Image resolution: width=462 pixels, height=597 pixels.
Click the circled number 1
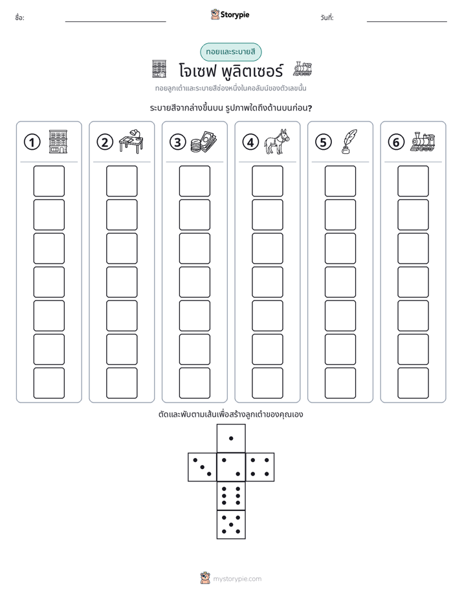pyautogui.click(x=32, y=142)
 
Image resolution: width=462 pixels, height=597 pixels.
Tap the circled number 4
pyautogui.click(x=250, y=142)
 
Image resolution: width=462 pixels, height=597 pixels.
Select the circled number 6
pyautogui.click(x=396, y=142)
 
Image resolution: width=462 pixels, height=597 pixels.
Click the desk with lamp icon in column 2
pyautogui.click(x=131, y=141)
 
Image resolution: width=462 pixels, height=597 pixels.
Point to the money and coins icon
pyautogui.click(x=204, y=141)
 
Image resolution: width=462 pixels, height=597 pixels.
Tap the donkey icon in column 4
pyautogui.click(x=277, y=141)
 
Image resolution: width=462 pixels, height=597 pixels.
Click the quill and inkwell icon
pyautogui.click(x=349, y=141)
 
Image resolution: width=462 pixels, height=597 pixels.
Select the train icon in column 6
pyautogui.click(x=423, y=142)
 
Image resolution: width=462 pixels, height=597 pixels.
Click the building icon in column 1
pyautogui.click(x=58, y=141)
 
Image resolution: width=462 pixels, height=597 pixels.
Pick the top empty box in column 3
pyautogui.click(x=194, y=181)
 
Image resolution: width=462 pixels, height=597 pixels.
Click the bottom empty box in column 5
pyautogui.click(x=340, y=383)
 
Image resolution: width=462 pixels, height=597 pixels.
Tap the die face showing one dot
pyautogui.click(x=231, y=439)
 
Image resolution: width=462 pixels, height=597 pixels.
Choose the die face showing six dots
pyautogui.click(x=231, y=496)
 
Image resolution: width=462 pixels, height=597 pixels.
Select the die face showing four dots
pyautogui.click(x=260, y=467)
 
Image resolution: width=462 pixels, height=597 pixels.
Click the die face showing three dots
pyautogui.click(x=203, y=467)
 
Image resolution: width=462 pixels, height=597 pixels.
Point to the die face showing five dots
pyautogui.click(x=231, y=525)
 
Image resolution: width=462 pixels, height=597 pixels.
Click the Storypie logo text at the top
pyautogui.click(x=235, y=15)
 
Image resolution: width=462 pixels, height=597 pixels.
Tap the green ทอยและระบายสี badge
pyautogui.click(x=231, y=52)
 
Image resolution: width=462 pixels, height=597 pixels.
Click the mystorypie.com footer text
pyautogui.click(x=237, y=579)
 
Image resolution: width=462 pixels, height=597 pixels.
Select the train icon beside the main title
pyautogui.click(x=302, y=69)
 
